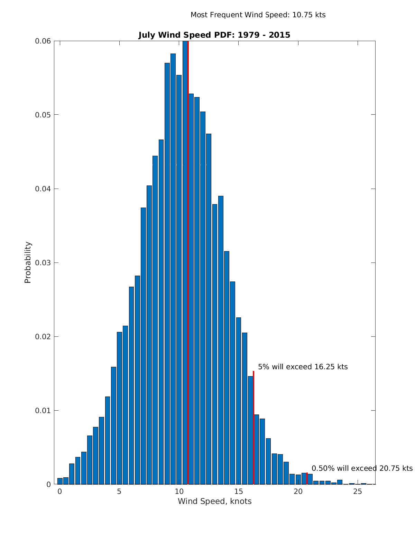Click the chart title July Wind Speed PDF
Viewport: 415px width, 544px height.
click(x=214, y=35)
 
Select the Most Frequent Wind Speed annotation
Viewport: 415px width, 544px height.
click(x=258, y=15)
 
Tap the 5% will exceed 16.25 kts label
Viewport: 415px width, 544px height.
click(x=303, y=367)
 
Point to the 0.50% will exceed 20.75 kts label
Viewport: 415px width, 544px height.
click(x=362, y=468)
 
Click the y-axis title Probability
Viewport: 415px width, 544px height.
click(x=28, y=263)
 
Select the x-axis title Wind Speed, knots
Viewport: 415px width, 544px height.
click(x=214, y=501)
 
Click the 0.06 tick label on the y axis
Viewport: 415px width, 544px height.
click(x=43, y=41)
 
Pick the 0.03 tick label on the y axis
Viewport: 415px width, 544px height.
click(x=43, y=263)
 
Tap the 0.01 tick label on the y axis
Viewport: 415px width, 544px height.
click(x=43, y=411)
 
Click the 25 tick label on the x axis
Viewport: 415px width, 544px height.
click(x=358, y=491)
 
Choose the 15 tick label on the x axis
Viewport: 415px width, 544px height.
click(x=239, y=491)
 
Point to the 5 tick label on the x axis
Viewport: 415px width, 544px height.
click(x=119, y=491)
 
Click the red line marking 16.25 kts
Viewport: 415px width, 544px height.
click(x=253, y=428)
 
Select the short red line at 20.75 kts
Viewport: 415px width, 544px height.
click(x=307, y=478)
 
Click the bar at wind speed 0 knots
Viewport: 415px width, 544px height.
click(x=60, y=481)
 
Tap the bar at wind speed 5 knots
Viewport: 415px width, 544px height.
click(x=119, y=408)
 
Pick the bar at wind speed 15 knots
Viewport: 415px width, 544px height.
click(x=239, y=401)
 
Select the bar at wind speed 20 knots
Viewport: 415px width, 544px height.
click(x=298, y=479)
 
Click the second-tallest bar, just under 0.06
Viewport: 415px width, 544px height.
click(x=173, y=269)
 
